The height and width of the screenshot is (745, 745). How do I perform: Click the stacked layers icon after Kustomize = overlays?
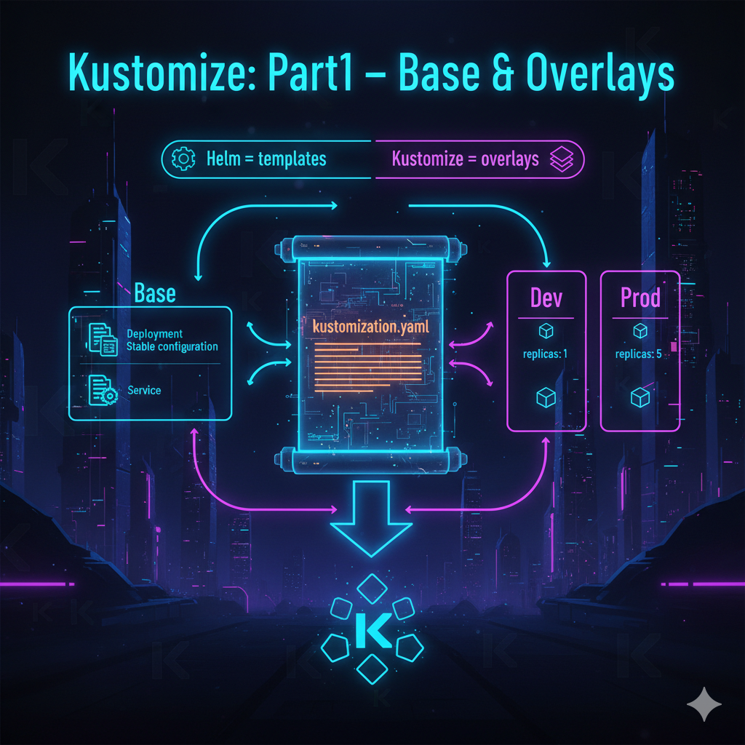point(562,159)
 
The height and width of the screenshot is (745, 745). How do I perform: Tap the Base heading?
point(155,293)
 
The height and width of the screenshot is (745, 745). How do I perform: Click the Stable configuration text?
point(172,346)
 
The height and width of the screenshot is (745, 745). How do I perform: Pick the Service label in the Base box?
point(144,391)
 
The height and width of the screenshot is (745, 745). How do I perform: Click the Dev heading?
point(546,299)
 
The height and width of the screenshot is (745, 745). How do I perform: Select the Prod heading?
point(640,298)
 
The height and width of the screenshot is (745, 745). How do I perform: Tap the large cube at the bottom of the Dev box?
point(546,398)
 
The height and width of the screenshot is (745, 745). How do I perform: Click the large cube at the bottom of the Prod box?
point(640,397)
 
